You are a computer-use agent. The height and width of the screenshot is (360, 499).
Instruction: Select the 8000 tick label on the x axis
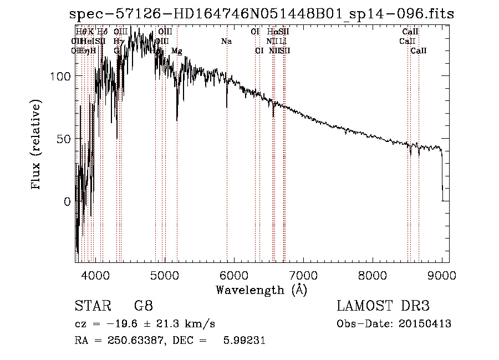click(x=373, y=274)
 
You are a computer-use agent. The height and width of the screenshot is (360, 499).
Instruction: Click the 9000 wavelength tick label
click(x=442, y=274)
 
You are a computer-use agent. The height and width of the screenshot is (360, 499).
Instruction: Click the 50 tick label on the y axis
click(x=64, y=139)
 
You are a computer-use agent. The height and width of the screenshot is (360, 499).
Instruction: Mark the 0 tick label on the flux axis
click(x=67, y=202)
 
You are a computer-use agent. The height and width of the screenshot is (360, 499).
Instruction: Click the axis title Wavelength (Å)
click(x=262, y=290)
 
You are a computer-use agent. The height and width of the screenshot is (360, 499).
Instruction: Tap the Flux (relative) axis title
click(x=37, y=145)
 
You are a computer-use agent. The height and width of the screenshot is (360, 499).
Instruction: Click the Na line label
click(x=226, y=42)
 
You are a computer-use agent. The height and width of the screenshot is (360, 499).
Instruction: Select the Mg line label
click(x=177, y=51)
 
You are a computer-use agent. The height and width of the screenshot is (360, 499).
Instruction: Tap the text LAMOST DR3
click(x=383, y=306)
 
